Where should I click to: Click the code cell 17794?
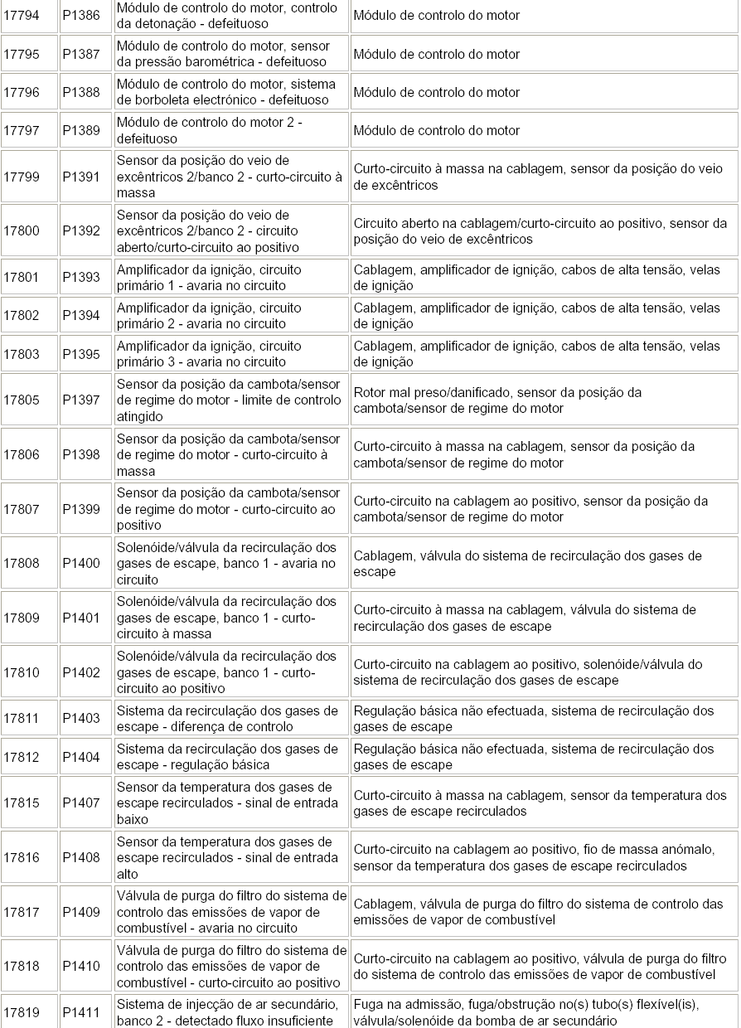[x=22, y=16]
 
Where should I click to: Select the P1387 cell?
[x=81, y=54]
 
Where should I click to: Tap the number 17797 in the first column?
[x=22, y=130]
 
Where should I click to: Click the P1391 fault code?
[x=81, y=177]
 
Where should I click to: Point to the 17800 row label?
[x=22, y=231]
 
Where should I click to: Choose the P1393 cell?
[x=81, y=278]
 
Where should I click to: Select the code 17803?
[x=22, y=354]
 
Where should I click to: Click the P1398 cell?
[x=81, y=454]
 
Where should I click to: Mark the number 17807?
[x=22, y=509]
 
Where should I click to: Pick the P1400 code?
[x=81, y=564]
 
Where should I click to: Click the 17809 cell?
[x=22, y=618]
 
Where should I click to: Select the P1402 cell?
[x=81, y=672]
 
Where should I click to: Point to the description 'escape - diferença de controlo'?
[x=204, y=726]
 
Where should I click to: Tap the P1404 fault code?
[x=81, y=757]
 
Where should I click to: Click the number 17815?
[x=22, y=803]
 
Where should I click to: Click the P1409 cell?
[x=81, y=912]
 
